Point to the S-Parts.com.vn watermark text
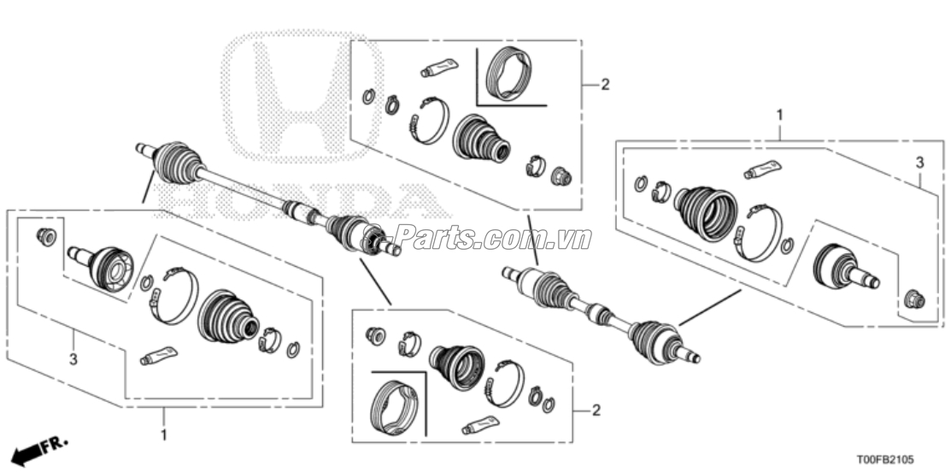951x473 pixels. (x=478, y=237)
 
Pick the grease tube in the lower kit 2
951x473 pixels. (x=480, y=423)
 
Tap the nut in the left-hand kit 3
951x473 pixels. (x=48, y=235)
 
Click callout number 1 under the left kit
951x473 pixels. (x=165, y=435)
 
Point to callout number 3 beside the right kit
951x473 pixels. (x=919, y=162)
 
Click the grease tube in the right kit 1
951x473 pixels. (x=763, y=169)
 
